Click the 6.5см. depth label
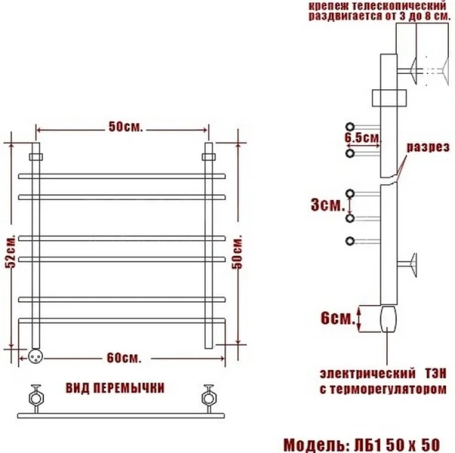361,138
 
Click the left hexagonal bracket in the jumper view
35,397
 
